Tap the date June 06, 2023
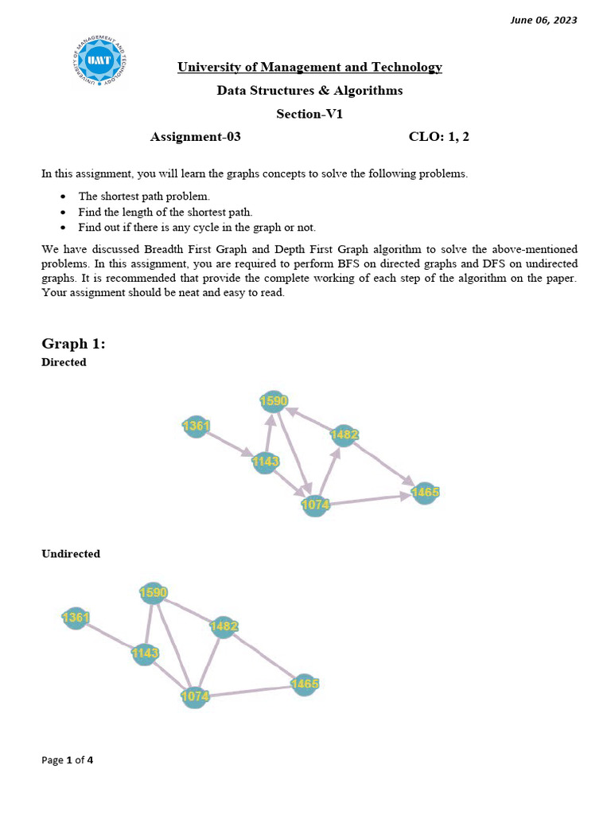543,20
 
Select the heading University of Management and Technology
309,67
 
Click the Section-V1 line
309,114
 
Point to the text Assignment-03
196,137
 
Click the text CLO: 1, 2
439,137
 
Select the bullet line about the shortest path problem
144,196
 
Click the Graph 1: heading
73,343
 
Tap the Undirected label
71,554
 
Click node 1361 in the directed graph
196,427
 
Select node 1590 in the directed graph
274,401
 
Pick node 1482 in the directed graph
344,435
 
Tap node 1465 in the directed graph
425,493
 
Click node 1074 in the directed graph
315,505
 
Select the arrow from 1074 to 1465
370,499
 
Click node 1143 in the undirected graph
145,653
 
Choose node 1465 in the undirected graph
304,684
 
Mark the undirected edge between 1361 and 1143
110,635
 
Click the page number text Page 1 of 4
67,760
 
